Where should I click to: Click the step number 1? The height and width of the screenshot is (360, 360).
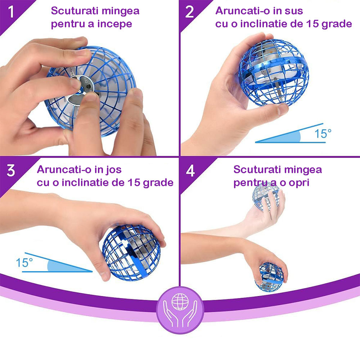pyautogui.click(x=11, y=12)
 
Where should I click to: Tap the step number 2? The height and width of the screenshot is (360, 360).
pyautogui.click(x=189, y=12)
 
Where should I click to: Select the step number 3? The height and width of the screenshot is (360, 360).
pyautogui.click(x=11, y=171)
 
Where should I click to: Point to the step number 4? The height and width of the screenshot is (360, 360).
pyautogui.click(x=190, y=171)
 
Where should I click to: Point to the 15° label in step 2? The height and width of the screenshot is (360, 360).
pyautogui.click(x=323, y=134)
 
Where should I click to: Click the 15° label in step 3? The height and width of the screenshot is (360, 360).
pyautogui.click(x=24, y=263)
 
